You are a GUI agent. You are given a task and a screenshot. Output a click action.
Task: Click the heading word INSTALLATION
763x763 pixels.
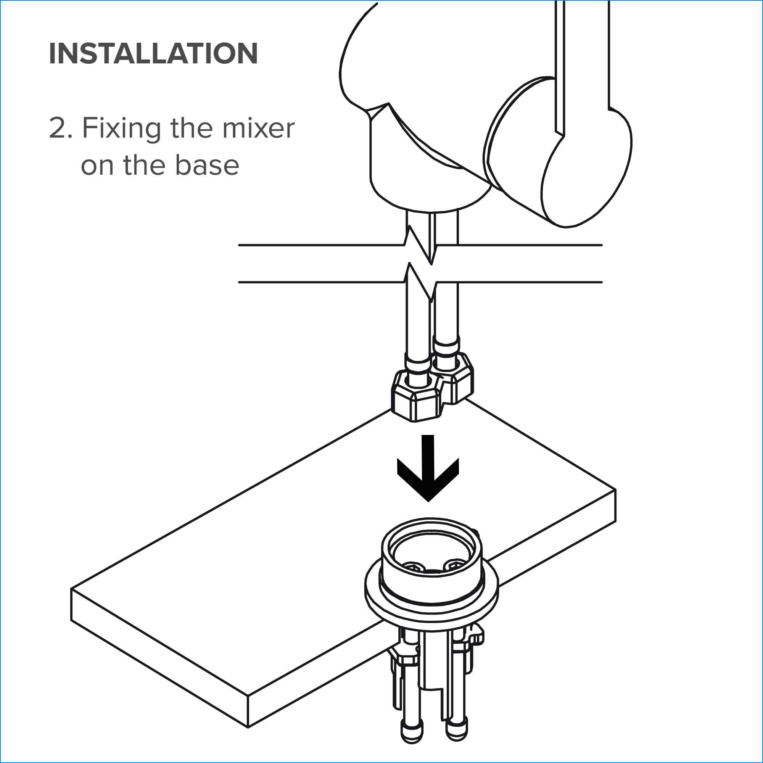[x=153, y=53]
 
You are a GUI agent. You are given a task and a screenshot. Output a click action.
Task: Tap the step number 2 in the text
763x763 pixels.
[x=57, y=128]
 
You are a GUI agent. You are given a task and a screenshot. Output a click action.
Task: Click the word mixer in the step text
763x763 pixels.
[x=258, y=128]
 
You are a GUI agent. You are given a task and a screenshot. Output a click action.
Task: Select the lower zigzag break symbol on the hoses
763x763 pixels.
[x=419, y=282]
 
